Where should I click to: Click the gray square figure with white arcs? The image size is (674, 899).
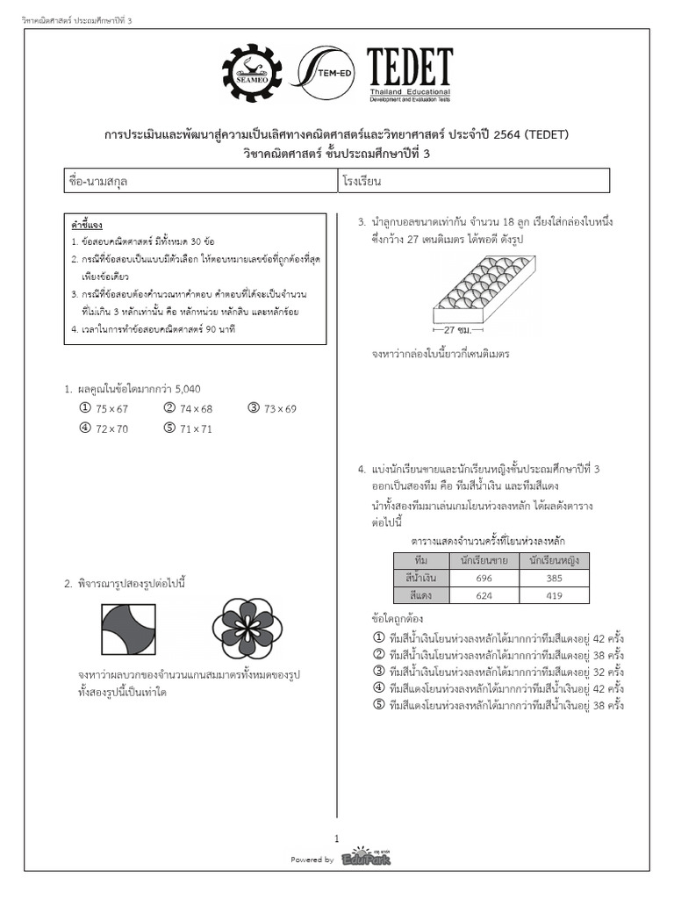(x=129, y=629)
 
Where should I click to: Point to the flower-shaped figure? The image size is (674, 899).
(x=247, y=629)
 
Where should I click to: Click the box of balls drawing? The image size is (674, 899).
(x=484, y=289)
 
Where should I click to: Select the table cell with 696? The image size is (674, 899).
(x=483, y=579)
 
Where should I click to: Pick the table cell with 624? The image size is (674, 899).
(x=483, y=595)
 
